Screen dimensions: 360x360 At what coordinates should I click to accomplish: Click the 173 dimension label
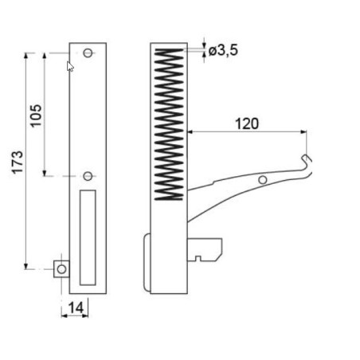[18, 161]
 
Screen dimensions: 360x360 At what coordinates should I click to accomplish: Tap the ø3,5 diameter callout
[223, 52]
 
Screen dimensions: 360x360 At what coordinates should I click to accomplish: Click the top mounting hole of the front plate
[88, 53]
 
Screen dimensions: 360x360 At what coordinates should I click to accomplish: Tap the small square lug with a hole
[62, 268]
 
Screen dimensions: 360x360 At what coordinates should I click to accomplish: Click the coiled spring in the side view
[168, 123]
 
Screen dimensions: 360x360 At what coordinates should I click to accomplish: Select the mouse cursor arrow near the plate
[70, 66]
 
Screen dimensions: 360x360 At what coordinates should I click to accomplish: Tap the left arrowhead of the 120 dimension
[190, 133]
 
